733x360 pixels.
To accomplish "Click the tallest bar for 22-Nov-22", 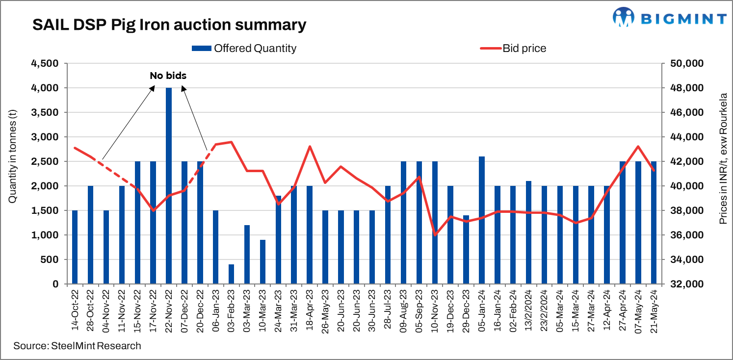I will [169, 186].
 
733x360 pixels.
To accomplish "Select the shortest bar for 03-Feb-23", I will [231, 274].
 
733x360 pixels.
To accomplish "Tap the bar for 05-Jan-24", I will [482, 220].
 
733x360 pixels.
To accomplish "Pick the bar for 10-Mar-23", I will [262, 262].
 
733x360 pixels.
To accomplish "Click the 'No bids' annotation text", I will [168, 76].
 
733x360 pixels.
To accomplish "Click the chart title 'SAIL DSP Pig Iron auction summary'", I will [169, 25].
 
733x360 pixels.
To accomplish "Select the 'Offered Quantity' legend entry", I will [244, 48].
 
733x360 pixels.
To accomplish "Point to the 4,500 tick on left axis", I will [45, 64].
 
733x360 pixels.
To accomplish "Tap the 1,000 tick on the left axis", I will [45, 235].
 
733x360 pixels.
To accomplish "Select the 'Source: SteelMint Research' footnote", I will [77, 346].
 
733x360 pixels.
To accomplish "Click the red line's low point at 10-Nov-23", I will [435, 235].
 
